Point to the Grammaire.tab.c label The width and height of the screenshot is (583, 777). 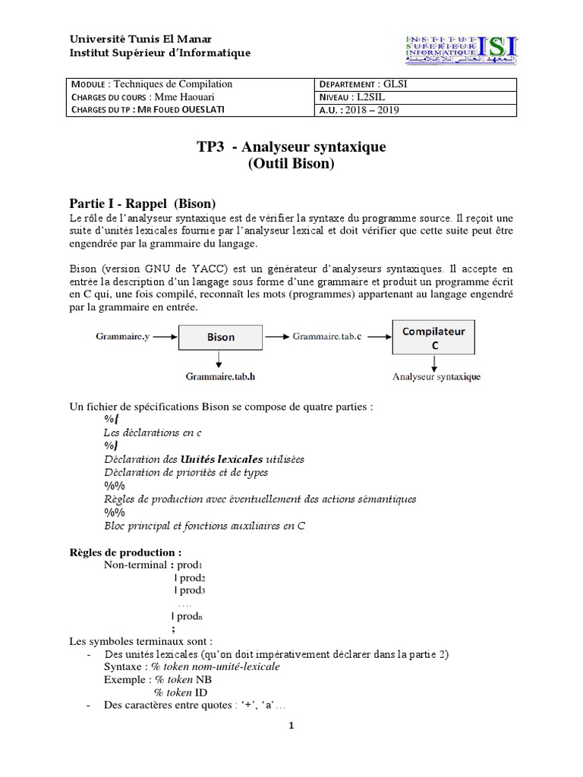326,335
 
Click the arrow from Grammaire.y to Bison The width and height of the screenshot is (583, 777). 164,335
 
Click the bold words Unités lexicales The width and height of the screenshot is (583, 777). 222,458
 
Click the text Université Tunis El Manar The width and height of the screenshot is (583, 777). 141,39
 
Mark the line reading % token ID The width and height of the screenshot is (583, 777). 181,692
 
